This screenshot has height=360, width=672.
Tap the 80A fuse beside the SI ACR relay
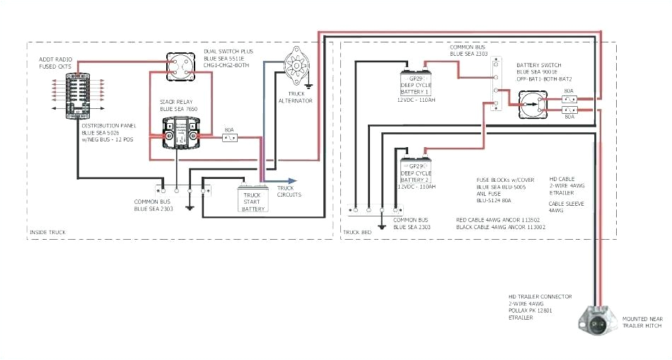coord(229,138)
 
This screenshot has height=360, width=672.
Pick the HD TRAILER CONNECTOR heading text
coord(540,296)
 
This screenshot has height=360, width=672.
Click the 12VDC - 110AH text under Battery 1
coord(416,100)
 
